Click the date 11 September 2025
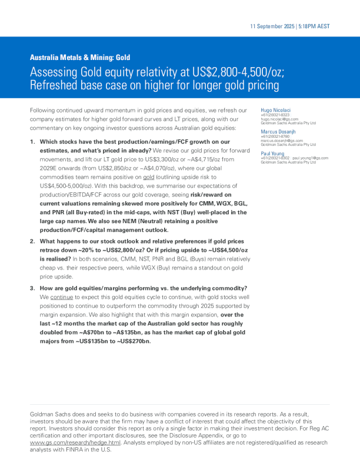click(272, 26)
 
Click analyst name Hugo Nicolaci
click(277, 110)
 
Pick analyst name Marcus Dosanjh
click(279, 131)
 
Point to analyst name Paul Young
click(274, 152)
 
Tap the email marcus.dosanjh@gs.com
click(282, 141)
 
